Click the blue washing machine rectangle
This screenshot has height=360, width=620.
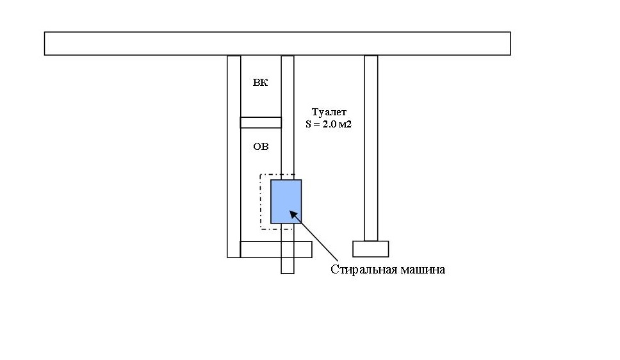pyautogui.click(x=286, y=201)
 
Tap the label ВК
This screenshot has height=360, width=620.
pyautogui.click(x=261, y=83)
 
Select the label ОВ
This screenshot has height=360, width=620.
pyautogui.click(x=261, y=147)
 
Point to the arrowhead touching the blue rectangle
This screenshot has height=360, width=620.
pyautogui.click(x=291, y=213)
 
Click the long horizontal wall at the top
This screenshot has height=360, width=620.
pyautogui.click(x=277, y=44)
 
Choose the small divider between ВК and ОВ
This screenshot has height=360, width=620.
pyautogui.click(x=261, y=122)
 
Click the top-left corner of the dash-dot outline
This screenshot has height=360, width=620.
pyautogui.click(x=260, y=174)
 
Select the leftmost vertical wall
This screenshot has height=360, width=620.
pyautogui.click(x=234, y=156)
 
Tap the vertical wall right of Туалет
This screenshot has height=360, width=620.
pyautogui.click(x=371, y=147)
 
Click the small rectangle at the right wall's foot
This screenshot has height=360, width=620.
pyautogui.click(x=371, y=249)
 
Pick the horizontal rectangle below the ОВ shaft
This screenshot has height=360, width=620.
pyautogui.click(x=275, y=249)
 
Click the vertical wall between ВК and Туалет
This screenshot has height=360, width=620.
pyautogui.click(x=288, y=115)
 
